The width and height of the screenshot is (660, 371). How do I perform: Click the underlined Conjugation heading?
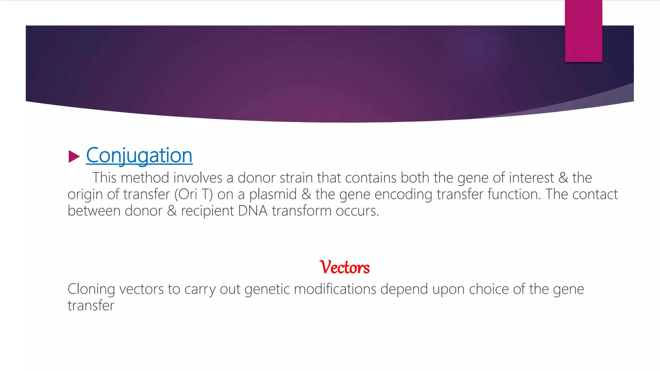pyautogui.click(x=139, y=156)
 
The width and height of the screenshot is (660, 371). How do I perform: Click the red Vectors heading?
pyautogui.click(x=345, y=267)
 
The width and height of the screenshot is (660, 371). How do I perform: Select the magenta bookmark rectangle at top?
pyautogui.click(x=583, y=31)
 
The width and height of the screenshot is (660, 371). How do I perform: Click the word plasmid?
pyautogui.click(x=273, y=195)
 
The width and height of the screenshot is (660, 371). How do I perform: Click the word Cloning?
pyautogui.click(x=91, y=289)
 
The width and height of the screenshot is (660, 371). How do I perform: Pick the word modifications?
pyautogui.click(x=335, y=289)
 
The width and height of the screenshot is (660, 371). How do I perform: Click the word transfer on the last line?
pyautogui.click(x=91, y=306)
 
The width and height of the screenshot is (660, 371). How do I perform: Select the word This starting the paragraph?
pyautogui.click(x=104, y=178)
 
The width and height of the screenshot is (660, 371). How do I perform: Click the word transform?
pyautogui.click(x=302, y=211)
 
